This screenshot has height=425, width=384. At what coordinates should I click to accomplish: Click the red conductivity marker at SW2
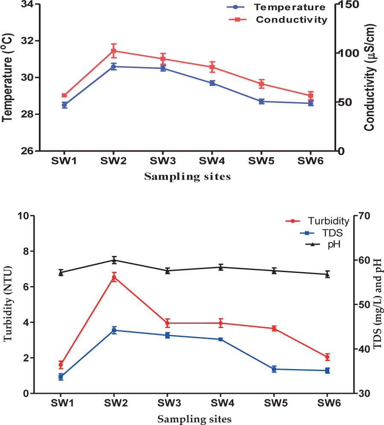[114, 51]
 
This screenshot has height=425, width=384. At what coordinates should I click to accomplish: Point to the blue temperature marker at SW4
[212, 83]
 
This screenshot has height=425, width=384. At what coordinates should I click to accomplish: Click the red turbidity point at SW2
[114, 277]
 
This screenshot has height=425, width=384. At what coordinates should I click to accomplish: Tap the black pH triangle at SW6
[327, 274]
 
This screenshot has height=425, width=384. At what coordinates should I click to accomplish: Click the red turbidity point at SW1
[61, 365]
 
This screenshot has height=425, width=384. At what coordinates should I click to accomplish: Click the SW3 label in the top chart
[163, 161]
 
